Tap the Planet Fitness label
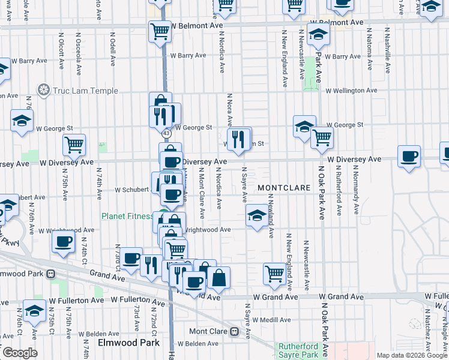point(127,217)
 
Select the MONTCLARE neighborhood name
point(284,188)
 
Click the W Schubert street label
point(131,190)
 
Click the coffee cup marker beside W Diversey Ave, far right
point(409,157)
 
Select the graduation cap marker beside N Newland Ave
point(257,215)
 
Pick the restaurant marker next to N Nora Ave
point(239,139)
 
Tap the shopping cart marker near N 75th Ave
point(74,144)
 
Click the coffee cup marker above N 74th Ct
point(63,242)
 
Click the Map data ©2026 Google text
point(411,355)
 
